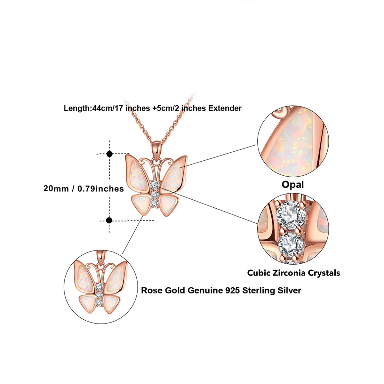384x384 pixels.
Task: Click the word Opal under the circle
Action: [x=292, y=185]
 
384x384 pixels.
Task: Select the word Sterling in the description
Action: [x=258, y=291]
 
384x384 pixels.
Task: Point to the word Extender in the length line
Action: [x=225, y=108]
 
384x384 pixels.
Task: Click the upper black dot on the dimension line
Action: [x=109, y=154]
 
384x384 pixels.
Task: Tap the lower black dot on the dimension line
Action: [x=109, y=220]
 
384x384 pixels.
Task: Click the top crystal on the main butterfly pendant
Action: [x=155, y=185]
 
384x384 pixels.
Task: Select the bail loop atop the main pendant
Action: [x=156, y=148]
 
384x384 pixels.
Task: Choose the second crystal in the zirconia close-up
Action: [x=291, y=244]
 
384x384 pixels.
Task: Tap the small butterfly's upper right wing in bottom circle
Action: [x=115, y=276]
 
